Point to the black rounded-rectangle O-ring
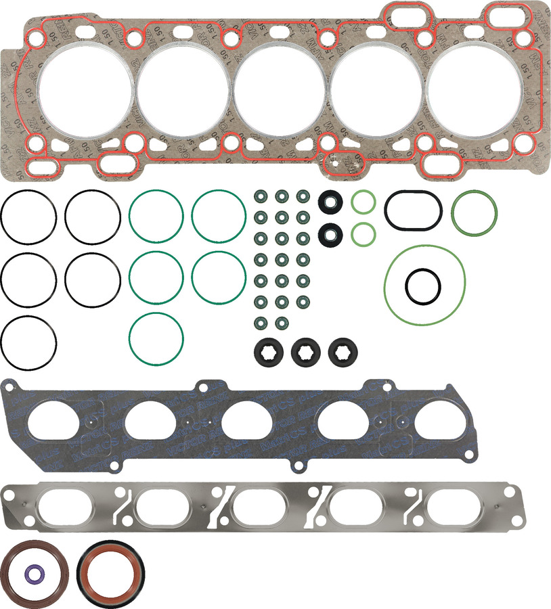(x=413, y=210)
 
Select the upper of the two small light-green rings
(x=363, y=202)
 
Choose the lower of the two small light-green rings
(x=363, y=234)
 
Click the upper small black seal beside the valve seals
(x=330, y=201)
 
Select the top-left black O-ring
(x=28, y=217)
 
